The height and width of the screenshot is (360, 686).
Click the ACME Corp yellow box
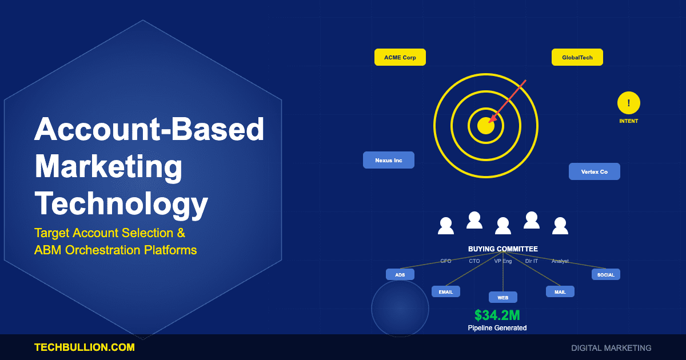point(400,57)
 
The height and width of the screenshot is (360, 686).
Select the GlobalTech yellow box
point(577,57)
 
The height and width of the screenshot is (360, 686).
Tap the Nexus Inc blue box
point(389,160)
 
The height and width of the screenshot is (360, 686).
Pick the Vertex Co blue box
point(595,171)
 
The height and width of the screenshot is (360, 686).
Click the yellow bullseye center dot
point(485,126)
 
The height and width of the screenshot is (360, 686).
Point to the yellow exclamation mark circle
point(629,103)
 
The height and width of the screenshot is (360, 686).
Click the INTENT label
point(629,121)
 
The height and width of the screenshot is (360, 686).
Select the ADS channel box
point(400,274)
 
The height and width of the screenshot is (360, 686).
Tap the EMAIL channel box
point(446,291)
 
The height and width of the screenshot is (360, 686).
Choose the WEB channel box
point(503,297)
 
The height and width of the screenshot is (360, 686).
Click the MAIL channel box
point(560,291)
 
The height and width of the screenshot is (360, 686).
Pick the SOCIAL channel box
point(606,274)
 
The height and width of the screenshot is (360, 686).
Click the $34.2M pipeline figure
point(497,315)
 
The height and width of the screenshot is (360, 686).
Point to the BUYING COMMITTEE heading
point(503,249)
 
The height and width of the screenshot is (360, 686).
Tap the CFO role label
point(446,261)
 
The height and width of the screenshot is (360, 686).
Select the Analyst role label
point(560,261)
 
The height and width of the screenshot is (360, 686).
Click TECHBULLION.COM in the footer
point(85,347)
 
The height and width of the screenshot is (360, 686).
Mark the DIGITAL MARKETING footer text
point(611,347)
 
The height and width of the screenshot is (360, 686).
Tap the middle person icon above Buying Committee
point(503,226)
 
